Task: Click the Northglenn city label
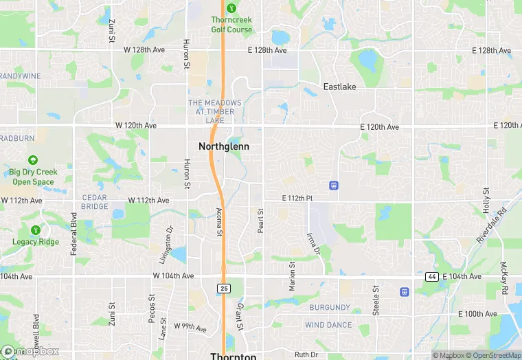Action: click(223, 146)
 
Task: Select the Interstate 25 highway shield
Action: click(223, 288)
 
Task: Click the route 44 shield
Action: click(431, 276)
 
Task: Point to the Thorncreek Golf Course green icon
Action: click(231, 8)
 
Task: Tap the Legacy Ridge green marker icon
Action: click(35, 229)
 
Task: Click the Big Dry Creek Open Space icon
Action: click(32, 159)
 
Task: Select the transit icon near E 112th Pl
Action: click(334, 185)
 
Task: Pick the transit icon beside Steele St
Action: click(404, 291)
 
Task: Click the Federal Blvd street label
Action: click(73, 234)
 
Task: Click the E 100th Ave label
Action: click(479, 314)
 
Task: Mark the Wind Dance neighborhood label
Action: click(328, 325)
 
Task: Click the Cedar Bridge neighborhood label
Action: click(95, 201)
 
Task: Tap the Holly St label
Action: click(486, 199)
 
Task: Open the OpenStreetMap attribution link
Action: click(492, 355)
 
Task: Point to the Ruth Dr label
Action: click(306, 355)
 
